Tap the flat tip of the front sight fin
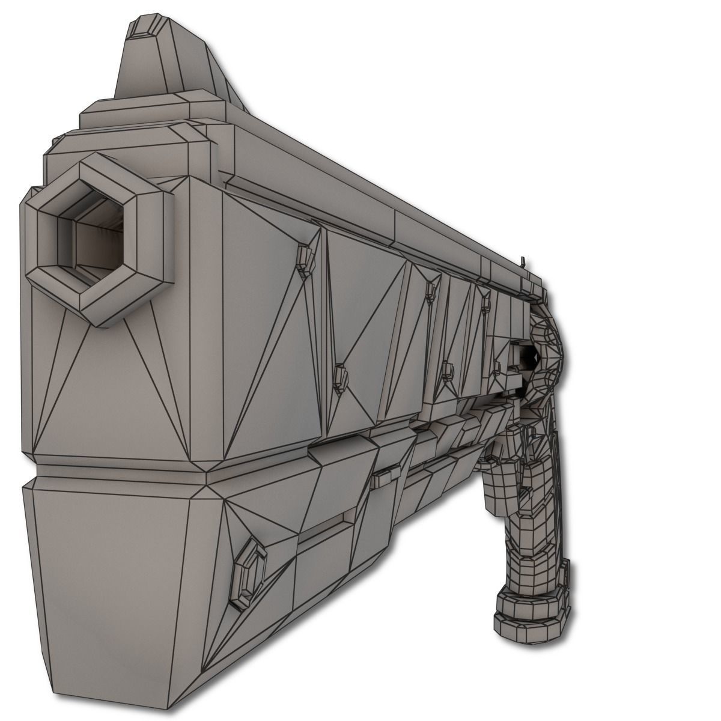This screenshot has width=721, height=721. coord(144,27)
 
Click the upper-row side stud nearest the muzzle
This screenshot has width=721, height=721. coord(306,256)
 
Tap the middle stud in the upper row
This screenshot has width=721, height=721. coord(429,290)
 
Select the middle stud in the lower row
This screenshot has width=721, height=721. coord(446,369)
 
